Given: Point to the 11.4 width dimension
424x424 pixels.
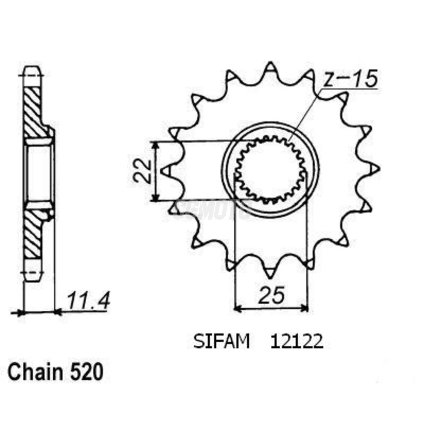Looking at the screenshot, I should (x=88, y=301).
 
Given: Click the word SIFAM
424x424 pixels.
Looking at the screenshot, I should (x=221, y=342).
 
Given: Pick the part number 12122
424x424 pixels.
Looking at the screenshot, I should (x=296, y=342).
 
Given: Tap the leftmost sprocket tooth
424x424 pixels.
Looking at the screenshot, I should (x=166, y=171).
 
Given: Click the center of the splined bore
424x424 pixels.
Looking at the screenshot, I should (x=270, y=170).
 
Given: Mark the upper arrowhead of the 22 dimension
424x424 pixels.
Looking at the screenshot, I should (x=155, y=146).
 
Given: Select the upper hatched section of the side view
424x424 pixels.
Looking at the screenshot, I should (x=33, y=112).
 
